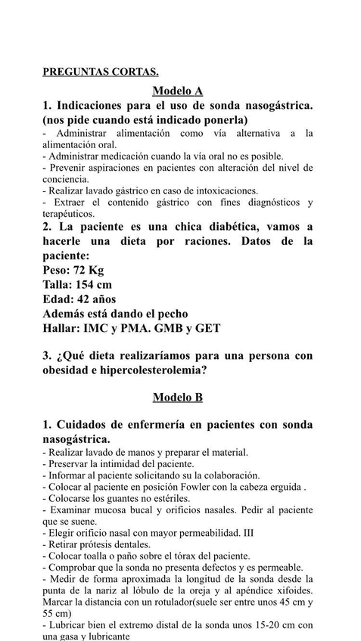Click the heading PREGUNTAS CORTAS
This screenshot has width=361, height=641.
pos(100,73)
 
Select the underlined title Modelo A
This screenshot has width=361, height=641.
pos(178,91)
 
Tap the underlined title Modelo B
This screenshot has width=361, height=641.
pos(178,397)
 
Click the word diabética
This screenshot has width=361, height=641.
pos(219,227)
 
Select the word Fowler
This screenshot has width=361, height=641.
pos(209,488)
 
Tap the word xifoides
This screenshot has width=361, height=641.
pos(292,590)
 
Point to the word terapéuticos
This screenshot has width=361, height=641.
pos(68,214)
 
